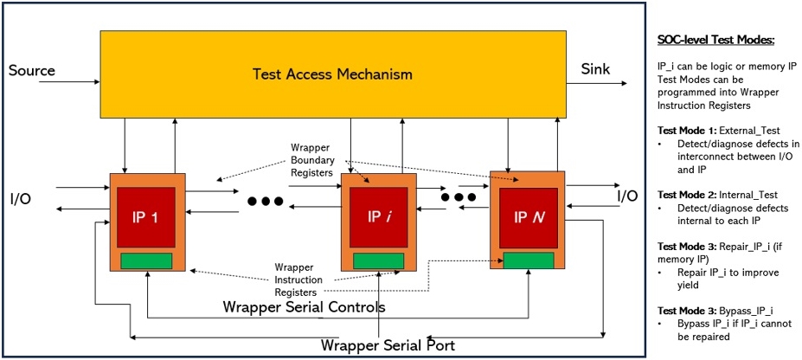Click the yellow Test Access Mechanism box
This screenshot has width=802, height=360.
332,73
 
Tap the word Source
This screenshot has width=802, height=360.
32,70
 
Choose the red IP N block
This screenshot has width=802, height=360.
528,215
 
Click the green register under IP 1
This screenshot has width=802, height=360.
146,260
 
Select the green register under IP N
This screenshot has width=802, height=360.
528,260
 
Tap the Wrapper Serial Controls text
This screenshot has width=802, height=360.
304,307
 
